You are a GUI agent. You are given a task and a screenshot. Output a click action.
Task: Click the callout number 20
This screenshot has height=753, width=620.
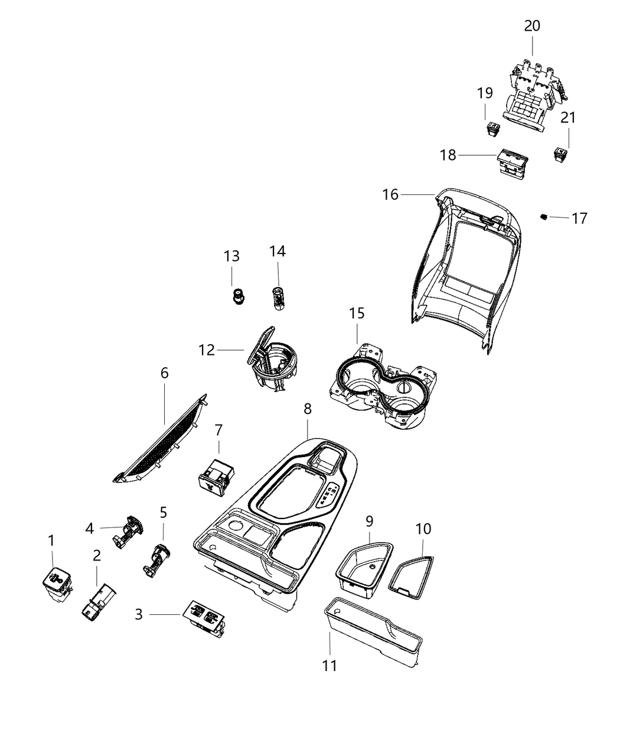click(x=532, y=26)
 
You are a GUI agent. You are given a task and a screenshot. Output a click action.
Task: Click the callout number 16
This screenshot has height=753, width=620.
click(x=390, y=194)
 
